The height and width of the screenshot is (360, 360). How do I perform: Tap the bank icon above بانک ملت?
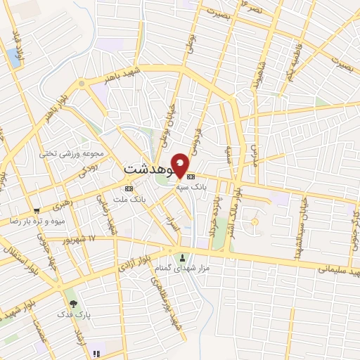(x=128, y=189)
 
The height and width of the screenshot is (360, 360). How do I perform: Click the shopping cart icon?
(x=36, y=210)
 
